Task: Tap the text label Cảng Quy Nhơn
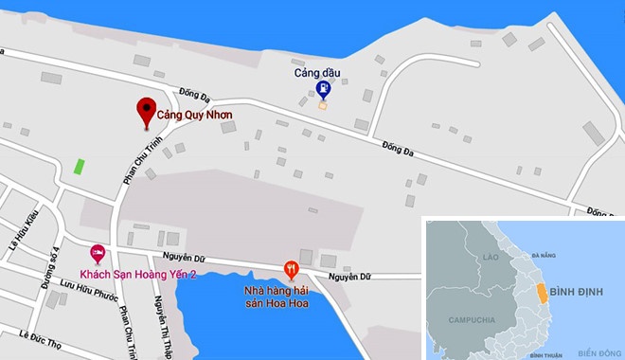[x=194, y=118]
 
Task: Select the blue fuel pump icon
[x=324, y=89]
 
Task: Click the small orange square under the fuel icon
[x=323, y=105]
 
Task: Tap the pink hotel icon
[x=97, y=253]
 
